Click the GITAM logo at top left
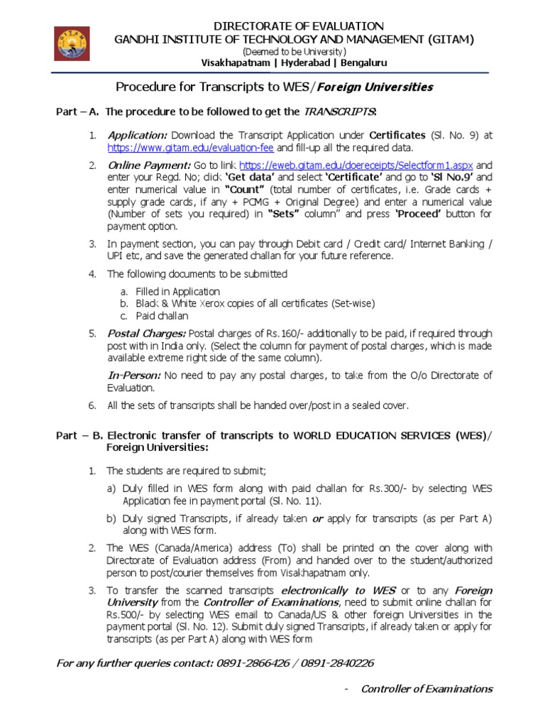pyautogui.click(x=73, y=44)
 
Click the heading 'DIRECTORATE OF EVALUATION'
pyautogui.click(x=294, y=26)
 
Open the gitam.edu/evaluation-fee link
pyautogui.click(x=191, y=148)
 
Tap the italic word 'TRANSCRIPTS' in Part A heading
pyautogui.click(x=339, y=112)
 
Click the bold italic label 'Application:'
pyautogui.click(x=137, y=135)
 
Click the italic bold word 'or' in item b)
pyautogui.click(x=318, y=518)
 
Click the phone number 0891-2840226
pyautogui.click(x=337, y=663)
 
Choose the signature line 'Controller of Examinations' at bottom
pyautogui.click(x=426, y=689)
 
